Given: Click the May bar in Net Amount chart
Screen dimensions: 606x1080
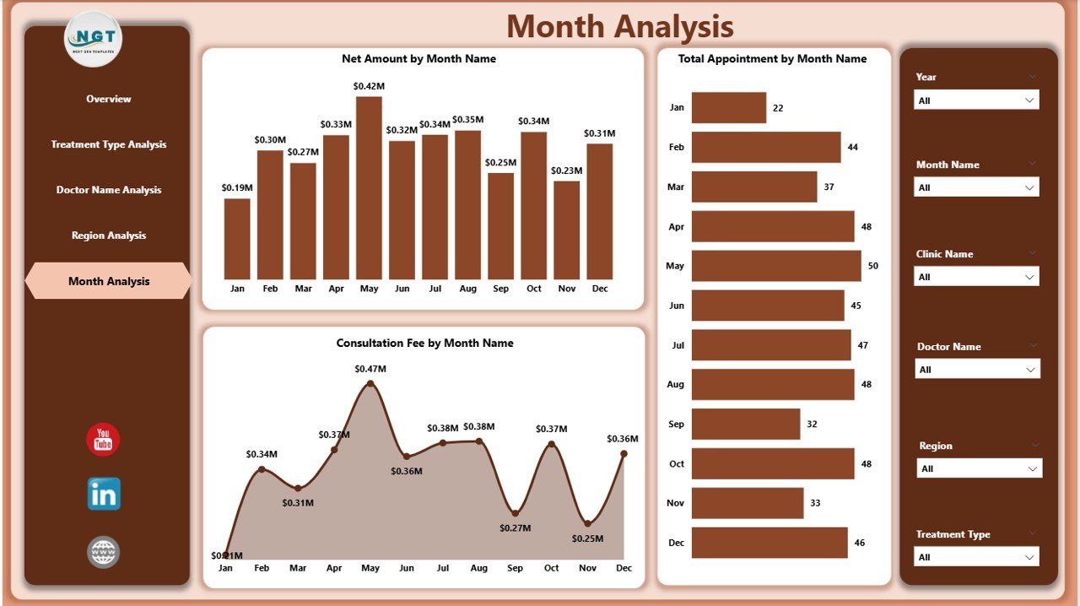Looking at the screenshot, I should click(x=369, y=187).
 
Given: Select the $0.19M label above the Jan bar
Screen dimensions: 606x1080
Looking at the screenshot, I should click(x=237, y=187).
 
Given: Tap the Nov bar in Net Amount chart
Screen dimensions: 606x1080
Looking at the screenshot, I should click(x=566, y=230).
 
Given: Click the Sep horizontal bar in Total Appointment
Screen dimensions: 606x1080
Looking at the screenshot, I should click(x=745, y=424).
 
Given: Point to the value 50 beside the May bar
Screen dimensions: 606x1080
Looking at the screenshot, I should click(x=872, y=266).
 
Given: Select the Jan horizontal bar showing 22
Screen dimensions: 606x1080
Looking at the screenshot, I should click(x=728, y=108).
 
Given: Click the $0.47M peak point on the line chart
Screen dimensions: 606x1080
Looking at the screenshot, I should click(x=370, y=384).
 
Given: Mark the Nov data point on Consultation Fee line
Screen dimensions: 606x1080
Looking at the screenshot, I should click(x=587, y=522).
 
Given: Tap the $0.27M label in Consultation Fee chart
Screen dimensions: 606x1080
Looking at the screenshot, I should click(x=515, y=528).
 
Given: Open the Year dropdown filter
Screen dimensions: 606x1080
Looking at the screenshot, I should click(x=976, y=100).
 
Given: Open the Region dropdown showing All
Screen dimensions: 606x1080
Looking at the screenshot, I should click(x=979, y=468).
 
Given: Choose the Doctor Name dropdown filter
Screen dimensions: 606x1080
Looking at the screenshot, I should click(x=977, y=370).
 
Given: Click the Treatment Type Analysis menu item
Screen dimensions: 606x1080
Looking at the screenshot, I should click(x=109, y=144).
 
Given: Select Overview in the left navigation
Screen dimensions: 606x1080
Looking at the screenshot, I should click(x=109, y=99).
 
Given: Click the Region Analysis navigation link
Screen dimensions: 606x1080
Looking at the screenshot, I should click(x=109, y=235).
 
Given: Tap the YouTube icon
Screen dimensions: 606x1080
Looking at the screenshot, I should click(x=103, y=440).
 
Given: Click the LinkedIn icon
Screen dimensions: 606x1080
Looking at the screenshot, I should click(x=104, y=495).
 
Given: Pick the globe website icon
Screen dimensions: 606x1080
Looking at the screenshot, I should click(x=104, y=553).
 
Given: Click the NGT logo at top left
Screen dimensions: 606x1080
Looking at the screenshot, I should click(x=94, y=38).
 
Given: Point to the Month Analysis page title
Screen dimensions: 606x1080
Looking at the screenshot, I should click(x=619, y=27).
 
